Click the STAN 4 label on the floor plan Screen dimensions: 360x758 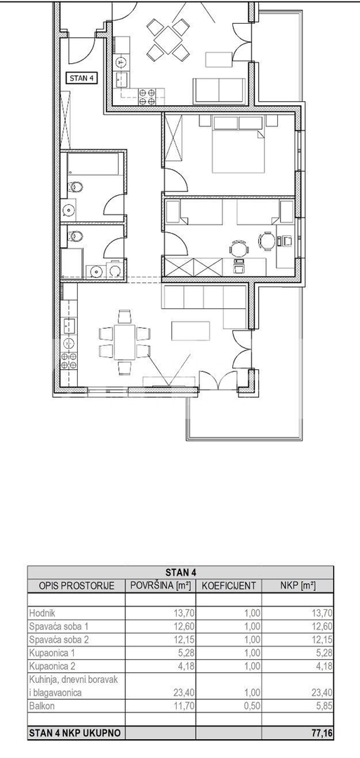point(81,79)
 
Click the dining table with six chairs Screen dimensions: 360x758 point(124,343)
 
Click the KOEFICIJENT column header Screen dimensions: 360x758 point(229,586)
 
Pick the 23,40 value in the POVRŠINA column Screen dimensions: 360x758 point(183,692)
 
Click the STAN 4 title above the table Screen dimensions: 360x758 point(181,573)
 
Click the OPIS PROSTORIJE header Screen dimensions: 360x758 point(76,586)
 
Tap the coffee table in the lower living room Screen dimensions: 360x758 point(190,331)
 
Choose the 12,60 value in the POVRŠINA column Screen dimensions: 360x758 point(183,627)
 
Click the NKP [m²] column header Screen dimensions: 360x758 point(298,586)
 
